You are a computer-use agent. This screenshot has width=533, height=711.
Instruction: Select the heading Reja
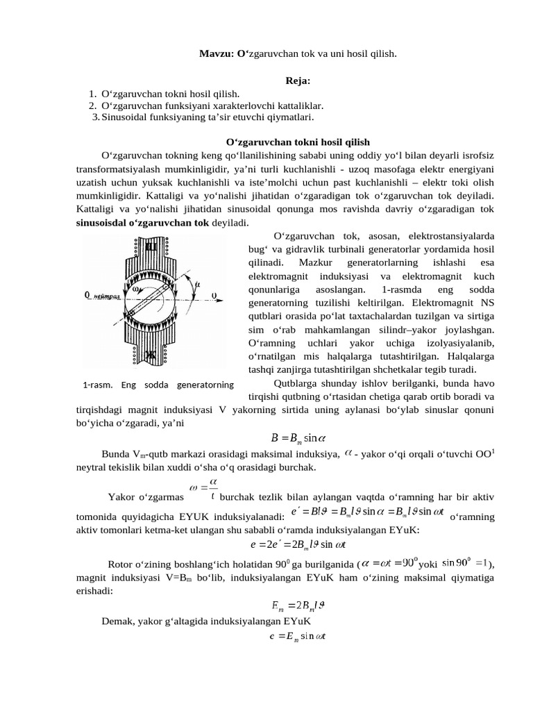[297, 81]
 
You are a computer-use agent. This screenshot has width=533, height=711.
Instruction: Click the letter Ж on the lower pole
[149, 355]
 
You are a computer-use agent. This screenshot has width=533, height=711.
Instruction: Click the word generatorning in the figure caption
[205, 384]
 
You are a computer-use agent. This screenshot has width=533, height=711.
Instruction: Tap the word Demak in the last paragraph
[117, 621]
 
